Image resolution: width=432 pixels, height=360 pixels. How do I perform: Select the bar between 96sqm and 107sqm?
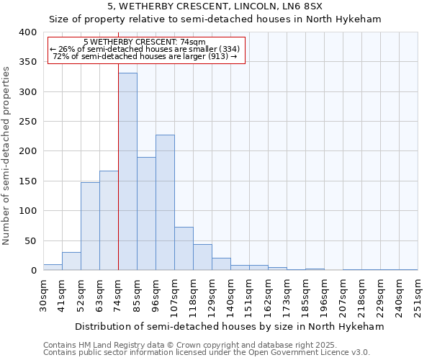(x=165, y=202)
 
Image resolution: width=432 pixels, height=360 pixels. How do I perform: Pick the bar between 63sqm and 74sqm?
(x=109, y=220)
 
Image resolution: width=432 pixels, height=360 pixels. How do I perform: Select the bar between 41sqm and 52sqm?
(x=71, y=261)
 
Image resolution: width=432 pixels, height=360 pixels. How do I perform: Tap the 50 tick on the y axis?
(x=30, y=240)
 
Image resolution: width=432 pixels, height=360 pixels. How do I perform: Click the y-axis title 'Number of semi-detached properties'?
(x=6, y=155)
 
